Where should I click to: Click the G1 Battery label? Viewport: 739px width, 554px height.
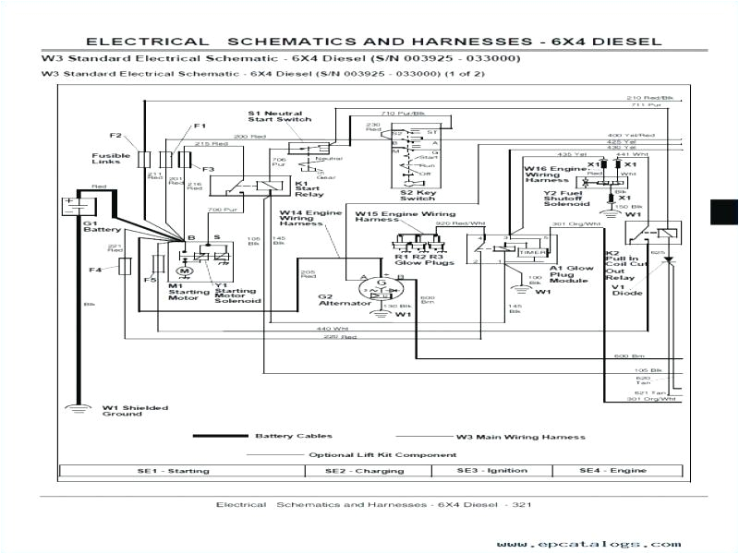96,226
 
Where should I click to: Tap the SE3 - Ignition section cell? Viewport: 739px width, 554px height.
494,471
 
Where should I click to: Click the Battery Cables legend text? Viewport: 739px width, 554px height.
294,436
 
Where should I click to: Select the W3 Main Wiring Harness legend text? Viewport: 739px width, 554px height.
520,436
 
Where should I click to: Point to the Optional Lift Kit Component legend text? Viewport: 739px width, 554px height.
382,454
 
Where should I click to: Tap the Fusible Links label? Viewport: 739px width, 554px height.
110,159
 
